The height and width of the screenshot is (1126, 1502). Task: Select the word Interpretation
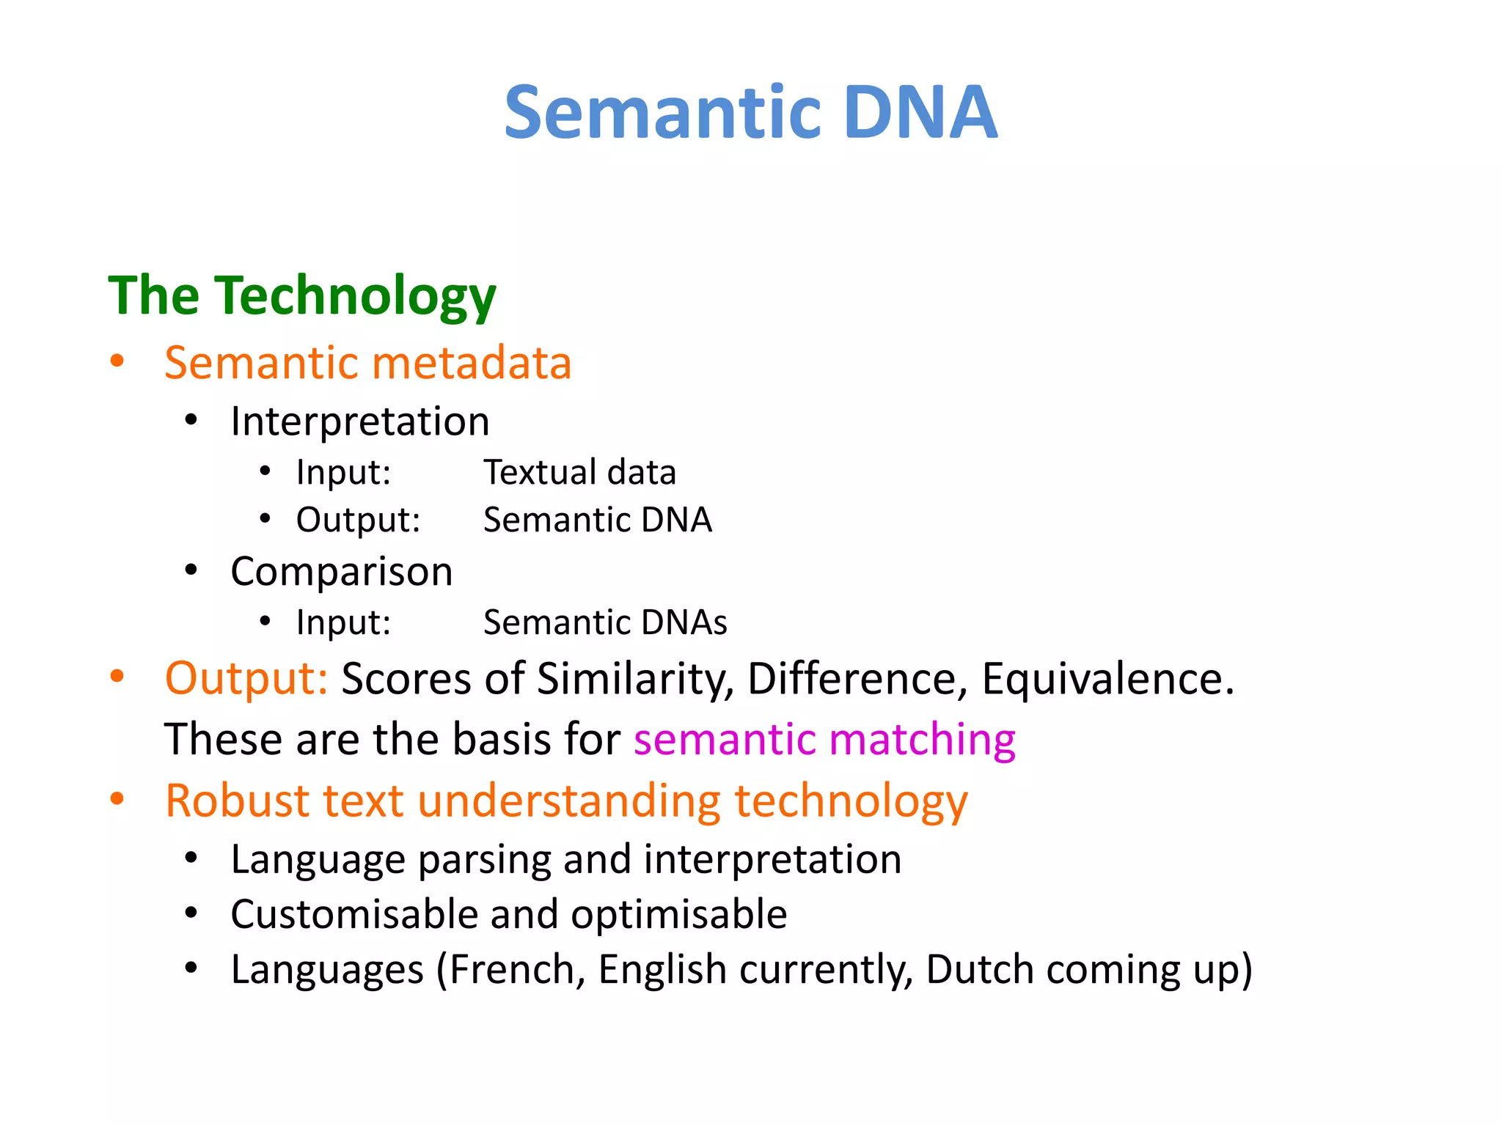click(359, 422)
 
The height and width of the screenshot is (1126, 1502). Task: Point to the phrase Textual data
click(579, 472)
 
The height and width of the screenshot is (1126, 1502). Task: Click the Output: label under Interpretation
click(358, 520)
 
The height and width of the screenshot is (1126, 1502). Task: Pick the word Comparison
click(341, 571)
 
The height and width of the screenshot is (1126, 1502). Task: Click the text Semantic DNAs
click(605, 622)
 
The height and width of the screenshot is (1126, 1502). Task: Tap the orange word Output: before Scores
click(246, 678)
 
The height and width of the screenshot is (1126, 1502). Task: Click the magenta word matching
click(922, 739)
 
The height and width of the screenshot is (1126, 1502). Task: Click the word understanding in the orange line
click(569, 801)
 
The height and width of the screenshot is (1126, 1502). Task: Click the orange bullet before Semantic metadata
click(117, 361)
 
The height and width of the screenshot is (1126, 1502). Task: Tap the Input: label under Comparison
click(343, 622)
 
